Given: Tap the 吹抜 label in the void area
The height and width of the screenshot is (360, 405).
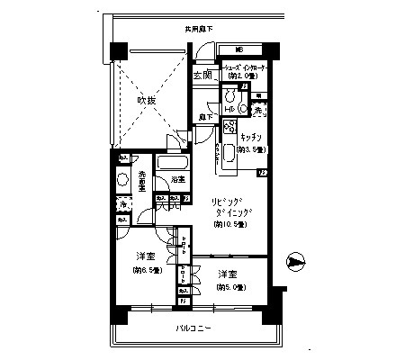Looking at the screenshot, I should coord(147,101).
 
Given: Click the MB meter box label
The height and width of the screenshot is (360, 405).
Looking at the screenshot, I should coord(238,49).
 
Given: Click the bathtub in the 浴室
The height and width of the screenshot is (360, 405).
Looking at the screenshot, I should coord(171,166).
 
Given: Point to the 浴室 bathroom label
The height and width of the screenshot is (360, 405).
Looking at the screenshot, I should coord(178,180).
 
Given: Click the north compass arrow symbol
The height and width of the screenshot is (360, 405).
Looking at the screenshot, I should coord(292,263).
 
